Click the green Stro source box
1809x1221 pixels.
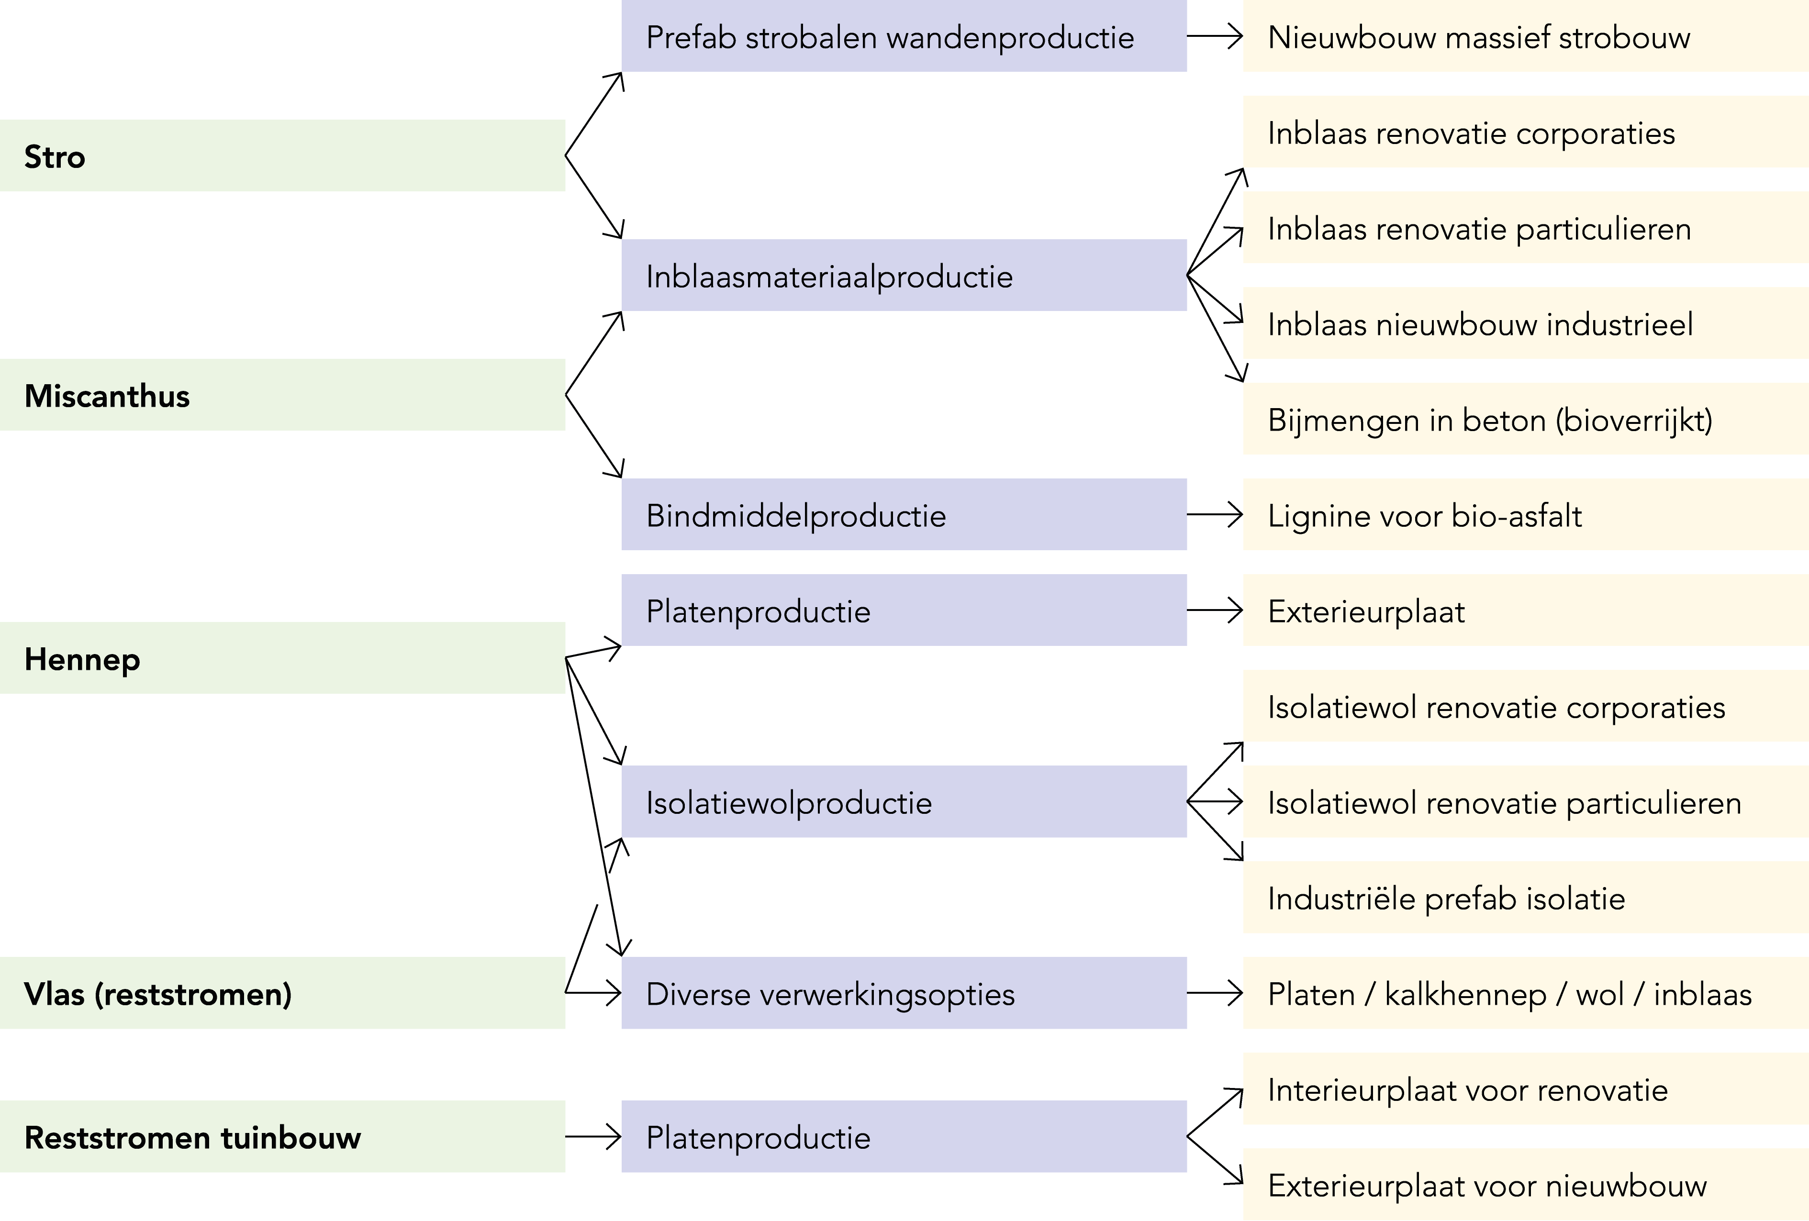tap(282, 155)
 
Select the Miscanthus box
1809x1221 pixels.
tap(282, 395)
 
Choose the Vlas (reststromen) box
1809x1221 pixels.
tap(282, 993)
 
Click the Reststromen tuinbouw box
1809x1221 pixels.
tap(282, 1136)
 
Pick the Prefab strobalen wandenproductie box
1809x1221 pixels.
tap(903, 36)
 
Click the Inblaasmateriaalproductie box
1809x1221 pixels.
tap(903, 276)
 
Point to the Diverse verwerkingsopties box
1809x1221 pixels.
tap(903, 993)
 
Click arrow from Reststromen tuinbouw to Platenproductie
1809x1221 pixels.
tap(593, 1137)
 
